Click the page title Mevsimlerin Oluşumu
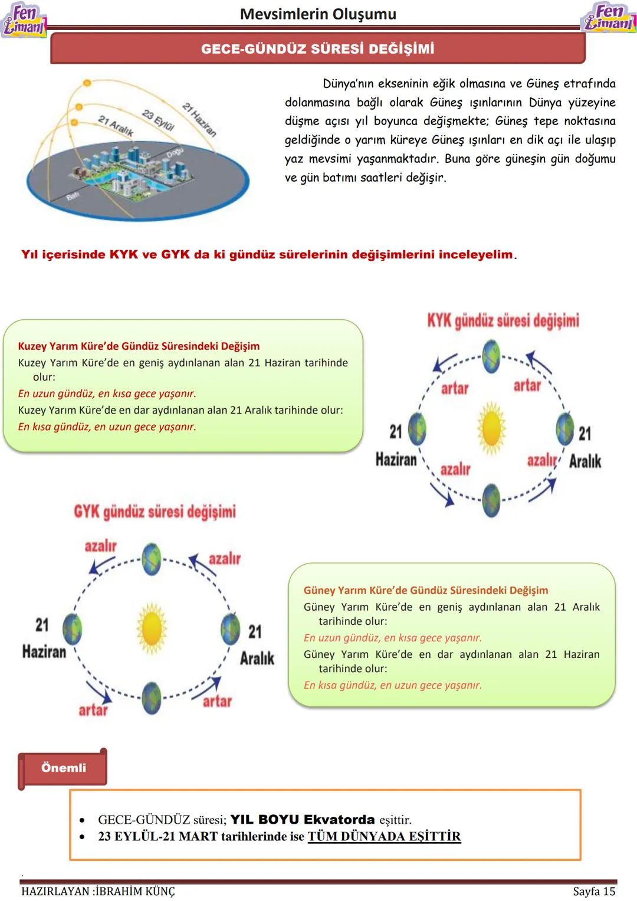(318, 14)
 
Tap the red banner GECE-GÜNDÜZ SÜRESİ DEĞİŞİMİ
(317, 48)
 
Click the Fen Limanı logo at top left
(24, 21)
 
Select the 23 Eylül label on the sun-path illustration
(158, 120)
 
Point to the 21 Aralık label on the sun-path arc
(116, 126)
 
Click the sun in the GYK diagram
(152, 627)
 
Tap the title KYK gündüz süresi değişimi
(503, 320)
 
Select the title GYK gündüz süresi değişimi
(155, 512)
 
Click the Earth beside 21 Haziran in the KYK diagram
(417, 428)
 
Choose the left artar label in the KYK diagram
(455, 388)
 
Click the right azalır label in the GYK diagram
(225, 558)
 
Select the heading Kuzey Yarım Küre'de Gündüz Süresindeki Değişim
(139, 346)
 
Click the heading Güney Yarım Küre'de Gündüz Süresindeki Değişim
(426, 590)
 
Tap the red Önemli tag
(63, 768)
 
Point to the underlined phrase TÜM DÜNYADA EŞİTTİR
(384, 836)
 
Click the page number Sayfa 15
(594, 891)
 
